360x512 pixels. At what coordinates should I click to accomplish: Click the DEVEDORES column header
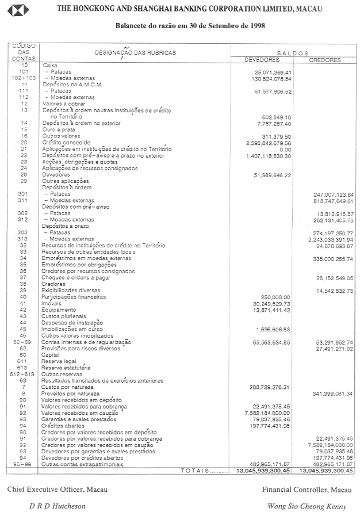coord(262,59)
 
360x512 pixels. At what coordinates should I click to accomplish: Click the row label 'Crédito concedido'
coord(66,142)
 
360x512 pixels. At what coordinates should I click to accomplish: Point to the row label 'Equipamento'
coord(59,310)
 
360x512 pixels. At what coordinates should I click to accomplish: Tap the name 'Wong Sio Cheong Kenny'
coord(307,506)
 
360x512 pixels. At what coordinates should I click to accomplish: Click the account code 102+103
coord(24,78)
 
